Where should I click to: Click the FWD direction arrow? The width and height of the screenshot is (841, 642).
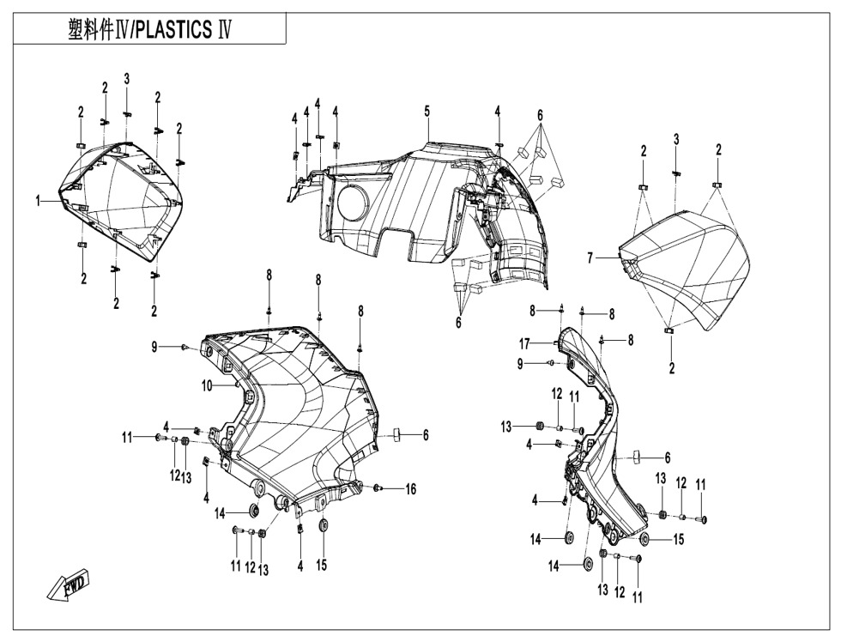click(x=69, y=587)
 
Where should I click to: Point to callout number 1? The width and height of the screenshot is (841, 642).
click(x=38, y=201)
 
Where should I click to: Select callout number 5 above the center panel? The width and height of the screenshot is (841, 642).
click(x=427, y=112)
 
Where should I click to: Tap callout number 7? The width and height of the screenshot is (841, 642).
click(x=590, y=258)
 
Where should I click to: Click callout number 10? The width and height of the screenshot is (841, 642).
click(x=208, y=385)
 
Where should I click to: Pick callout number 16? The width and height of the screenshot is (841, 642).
click(x=411, y=489)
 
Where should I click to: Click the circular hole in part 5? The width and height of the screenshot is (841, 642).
click(x=354, y=203)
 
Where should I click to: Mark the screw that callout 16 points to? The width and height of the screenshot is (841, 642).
click(x=378, y=487)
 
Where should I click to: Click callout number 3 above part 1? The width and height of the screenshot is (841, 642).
click(x=127, y=79)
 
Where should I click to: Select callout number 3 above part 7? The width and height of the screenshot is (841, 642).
click(x=676, y=140)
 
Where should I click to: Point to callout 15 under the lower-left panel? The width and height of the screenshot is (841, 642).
click(x=321, y=566)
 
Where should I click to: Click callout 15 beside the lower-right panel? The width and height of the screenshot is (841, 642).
click(x=679, y=539)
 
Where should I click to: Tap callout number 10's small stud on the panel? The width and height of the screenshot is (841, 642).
click(x=237, y=384)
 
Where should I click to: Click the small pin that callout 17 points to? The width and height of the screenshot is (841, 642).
click(x=555, y=342)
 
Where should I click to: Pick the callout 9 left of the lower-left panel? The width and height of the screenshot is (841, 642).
click(x=154, y=348)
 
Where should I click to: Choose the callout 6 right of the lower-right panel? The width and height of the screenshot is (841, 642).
click(x=668, y=457)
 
